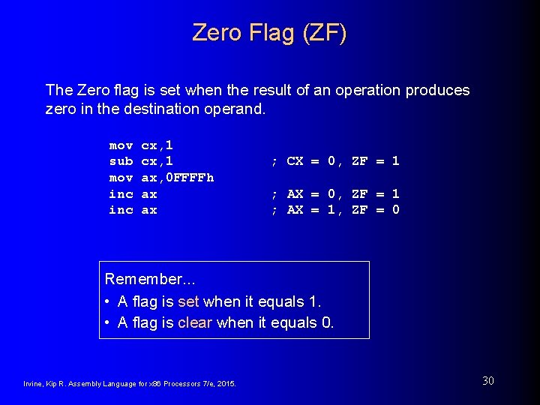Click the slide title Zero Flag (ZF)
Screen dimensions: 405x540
tap(269, 32)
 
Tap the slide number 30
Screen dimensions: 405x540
tap(487, 381)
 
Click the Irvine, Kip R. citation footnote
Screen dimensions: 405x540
tap(130, 384)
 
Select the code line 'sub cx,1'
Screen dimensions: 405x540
tap(141, 161)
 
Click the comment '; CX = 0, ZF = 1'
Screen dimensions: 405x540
tap(334, 161)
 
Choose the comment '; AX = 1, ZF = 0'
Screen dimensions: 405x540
tap(334, 210)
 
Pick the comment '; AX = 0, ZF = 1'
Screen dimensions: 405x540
tap(334, 194)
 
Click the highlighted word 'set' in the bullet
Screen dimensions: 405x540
tap(188, 301)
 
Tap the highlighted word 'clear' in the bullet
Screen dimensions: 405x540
tap(195, 323)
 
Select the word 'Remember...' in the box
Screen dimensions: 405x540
tap(150, 279)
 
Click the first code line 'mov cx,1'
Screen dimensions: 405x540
tap(141, 145)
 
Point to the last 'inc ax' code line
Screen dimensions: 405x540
tap(133, 210)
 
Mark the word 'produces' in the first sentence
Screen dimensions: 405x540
tap(437, 91)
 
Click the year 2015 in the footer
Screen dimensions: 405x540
tap(227, 384)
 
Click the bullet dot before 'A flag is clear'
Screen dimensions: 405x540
tap(109, 323)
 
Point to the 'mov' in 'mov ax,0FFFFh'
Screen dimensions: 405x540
tap(121, 178)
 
